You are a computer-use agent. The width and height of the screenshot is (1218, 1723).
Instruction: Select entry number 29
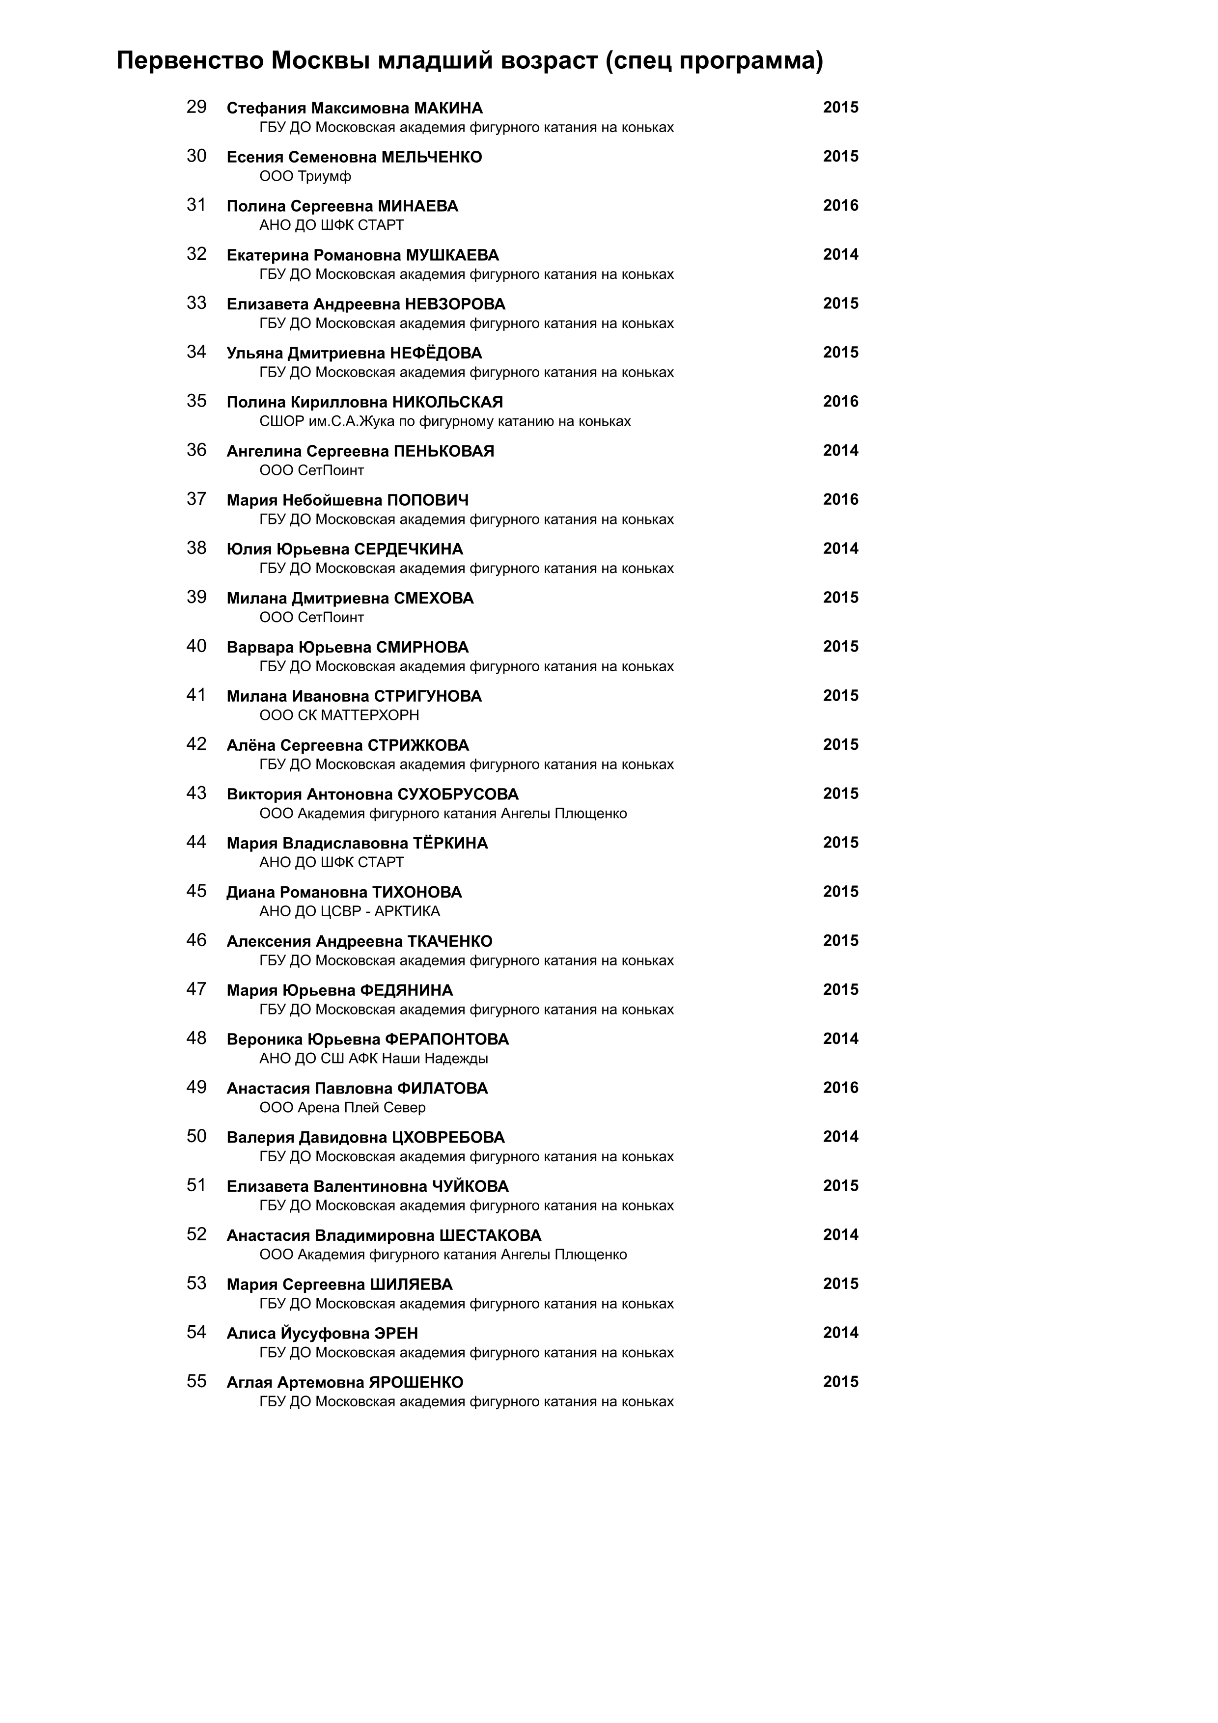[196, 108]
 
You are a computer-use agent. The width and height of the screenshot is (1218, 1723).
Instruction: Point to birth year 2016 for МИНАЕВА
[840, 206]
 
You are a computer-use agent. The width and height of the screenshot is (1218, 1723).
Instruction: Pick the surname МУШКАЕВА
[452, 255]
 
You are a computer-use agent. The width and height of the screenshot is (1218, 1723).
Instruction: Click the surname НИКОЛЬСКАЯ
[447, 402]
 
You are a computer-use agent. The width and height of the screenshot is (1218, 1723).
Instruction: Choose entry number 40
[196, 646]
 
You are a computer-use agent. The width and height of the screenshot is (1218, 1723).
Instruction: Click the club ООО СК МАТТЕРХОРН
[339, 715]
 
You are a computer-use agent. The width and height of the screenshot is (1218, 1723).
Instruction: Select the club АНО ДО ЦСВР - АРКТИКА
[350, 911]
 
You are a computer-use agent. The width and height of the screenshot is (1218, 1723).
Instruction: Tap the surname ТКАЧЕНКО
[449, 941]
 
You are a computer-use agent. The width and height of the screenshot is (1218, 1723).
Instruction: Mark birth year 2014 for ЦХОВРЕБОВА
[840, 1137]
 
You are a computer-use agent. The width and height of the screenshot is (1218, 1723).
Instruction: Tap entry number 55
[196, 1382]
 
